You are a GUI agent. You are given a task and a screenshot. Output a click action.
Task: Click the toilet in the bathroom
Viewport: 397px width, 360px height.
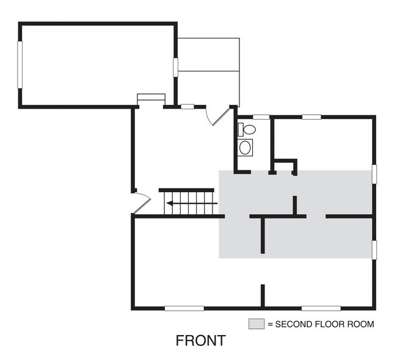(x=247, y=129)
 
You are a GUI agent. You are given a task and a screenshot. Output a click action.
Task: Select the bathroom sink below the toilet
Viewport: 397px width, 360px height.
(x=245, y=148)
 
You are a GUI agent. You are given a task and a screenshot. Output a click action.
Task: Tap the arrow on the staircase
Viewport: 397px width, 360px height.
(x=192, y=203)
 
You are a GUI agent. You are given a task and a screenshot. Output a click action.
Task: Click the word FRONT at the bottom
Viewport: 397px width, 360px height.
(x=200, y=340)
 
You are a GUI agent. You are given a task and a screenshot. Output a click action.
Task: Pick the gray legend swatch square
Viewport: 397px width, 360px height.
(x=257, y=324)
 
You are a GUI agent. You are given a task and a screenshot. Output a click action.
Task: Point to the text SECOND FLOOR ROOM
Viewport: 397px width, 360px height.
(x=324, y=324)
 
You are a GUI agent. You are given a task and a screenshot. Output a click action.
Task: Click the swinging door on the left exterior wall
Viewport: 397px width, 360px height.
(x=142, y=203)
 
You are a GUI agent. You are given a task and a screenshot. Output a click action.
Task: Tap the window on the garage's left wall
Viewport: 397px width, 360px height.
(x=20, y=65)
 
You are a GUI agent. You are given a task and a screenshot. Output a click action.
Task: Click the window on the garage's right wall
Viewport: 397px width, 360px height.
(x=175, y=67)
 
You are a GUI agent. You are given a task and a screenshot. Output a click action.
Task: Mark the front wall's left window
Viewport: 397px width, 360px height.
(x=184, y=308)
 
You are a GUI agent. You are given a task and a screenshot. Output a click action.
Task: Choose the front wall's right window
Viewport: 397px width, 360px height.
(x=321, y=308)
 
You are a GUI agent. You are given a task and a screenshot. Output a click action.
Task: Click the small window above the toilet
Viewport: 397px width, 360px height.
(x=261, y=117)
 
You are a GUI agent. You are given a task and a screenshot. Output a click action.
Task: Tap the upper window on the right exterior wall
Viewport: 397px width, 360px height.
(x=374, y=174)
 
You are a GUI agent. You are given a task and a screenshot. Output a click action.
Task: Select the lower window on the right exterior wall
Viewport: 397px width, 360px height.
(x=374, y=250)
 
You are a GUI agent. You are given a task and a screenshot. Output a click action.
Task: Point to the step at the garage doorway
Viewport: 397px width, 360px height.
(x=151, y=97)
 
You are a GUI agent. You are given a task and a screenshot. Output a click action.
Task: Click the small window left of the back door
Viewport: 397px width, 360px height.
(x=188, y=107)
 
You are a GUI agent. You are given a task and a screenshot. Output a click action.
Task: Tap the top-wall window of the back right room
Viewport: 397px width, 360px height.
(x=311, y=117)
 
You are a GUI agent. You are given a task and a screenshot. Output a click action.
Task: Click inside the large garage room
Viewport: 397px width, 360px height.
(x=98, y=65)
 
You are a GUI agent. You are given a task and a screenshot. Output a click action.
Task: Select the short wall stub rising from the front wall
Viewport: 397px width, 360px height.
(x=263, y=295)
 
